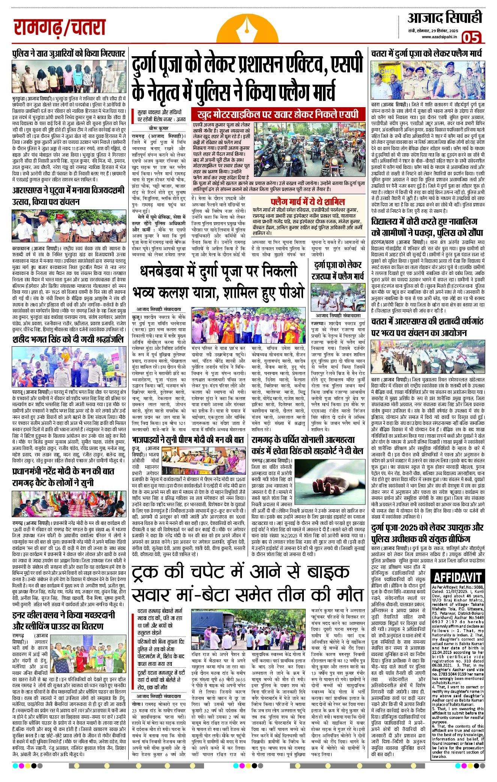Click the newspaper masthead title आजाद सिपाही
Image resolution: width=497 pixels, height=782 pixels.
[444, 18]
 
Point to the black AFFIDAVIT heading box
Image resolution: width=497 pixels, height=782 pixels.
[458, 577]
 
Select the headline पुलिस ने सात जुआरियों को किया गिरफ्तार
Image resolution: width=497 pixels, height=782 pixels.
[68, 54]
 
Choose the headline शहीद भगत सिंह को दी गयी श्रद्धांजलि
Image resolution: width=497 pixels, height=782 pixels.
[68, 340]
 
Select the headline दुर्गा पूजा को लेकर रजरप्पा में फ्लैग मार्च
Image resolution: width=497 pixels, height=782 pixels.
[338, 271]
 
